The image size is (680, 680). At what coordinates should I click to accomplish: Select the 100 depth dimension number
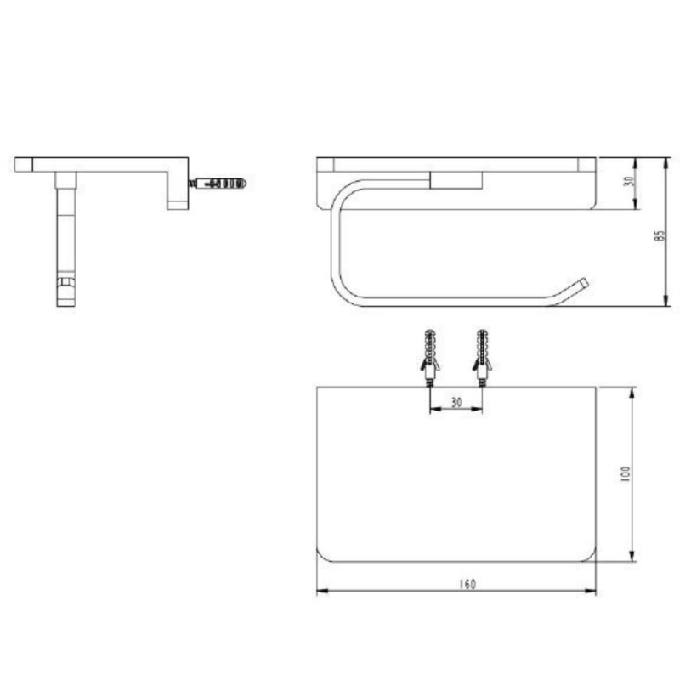[625, 474]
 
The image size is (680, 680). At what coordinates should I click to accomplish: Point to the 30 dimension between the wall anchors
[456, 402]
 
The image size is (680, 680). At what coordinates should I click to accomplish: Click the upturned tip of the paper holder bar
[584, 282]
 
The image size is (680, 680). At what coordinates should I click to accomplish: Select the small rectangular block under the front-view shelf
[457, 178]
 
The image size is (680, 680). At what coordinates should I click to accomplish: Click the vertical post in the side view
[65, 229]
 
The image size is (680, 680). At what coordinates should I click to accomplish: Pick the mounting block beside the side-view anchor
[177, 190]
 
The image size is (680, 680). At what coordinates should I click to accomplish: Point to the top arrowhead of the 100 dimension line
[632, 392]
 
